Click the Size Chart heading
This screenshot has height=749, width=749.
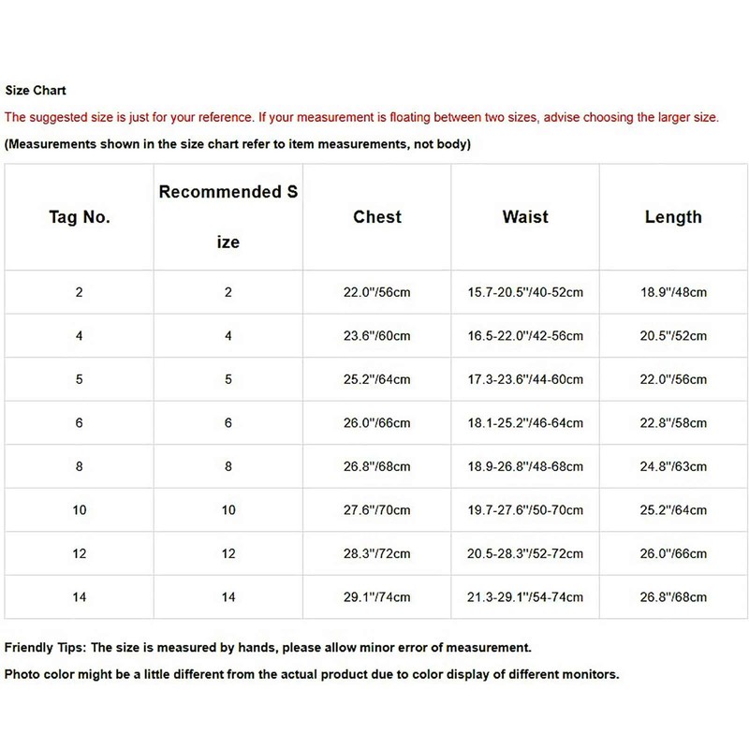[x=36, y=91]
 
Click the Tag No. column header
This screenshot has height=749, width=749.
[x=80, y=217]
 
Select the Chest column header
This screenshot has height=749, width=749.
[x=377, y=217]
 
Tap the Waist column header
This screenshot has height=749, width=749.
[x=525, y=217]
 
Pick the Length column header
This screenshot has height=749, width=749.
[x=673, y=217]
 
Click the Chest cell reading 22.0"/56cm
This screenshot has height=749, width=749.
[x=377, y=292]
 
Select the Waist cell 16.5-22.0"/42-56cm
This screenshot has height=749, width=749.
[x=525, y=336]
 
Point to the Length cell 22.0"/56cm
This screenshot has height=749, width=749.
[x=673, y=379]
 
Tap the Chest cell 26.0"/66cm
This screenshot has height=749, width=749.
[x=377, y=423]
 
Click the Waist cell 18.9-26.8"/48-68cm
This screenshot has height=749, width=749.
[x=525, y=466]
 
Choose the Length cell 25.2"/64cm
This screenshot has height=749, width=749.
[x=673, y=510]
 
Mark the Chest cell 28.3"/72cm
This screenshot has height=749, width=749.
[x=377, y=553]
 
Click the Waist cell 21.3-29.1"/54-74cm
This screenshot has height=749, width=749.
[x=525, y=597]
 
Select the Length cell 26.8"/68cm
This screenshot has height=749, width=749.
[x=673, y=597]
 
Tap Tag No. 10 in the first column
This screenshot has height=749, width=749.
[x=80, y=510]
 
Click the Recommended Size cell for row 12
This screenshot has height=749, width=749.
[x=228, y=553]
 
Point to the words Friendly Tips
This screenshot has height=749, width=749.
[x=44, y=647]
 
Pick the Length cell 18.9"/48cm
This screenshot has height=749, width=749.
[x=673, y=292]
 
